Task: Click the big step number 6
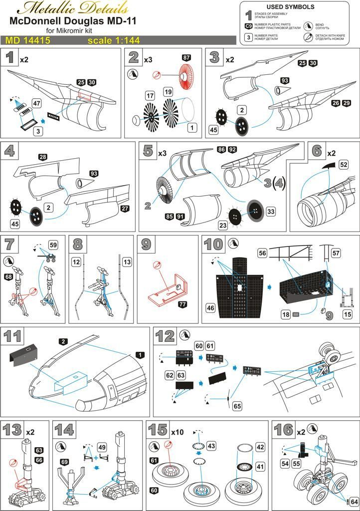[317, 151]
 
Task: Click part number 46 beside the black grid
[210, 308]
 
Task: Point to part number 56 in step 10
[262, 254]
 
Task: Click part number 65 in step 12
[237, 406]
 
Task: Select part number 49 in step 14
[102, 447]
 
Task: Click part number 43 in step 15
[211, 445]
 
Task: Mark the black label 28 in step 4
[42, 157]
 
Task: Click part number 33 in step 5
[271, 212]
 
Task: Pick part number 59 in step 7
[53, 245]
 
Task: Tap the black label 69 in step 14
[65, 462]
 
